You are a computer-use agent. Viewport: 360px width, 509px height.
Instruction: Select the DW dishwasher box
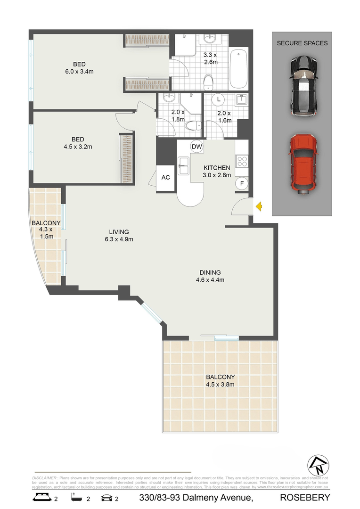196,147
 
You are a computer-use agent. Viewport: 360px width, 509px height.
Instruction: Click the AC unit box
165,178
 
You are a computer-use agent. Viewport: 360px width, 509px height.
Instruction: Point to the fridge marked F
242,183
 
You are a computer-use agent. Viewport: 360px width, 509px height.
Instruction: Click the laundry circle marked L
218,99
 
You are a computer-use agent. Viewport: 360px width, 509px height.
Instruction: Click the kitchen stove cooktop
242,162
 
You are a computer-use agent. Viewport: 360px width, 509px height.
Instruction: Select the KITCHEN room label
217,168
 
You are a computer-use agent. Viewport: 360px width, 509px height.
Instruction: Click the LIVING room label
119,231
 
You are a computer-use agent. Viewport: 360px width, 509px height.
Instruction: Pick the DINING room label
210,272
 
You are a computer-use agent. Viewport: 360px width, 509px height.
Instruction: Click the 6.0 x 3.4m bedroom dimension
80,72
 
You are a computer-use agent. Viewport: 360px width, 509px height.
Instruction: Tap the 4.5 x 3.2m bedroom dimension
78,147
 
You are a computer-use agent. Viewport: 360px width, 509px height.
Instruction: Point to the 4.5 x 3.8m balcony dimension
221,384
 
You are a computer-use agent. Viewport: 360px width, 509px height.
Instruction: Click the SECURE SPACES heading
302,43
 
